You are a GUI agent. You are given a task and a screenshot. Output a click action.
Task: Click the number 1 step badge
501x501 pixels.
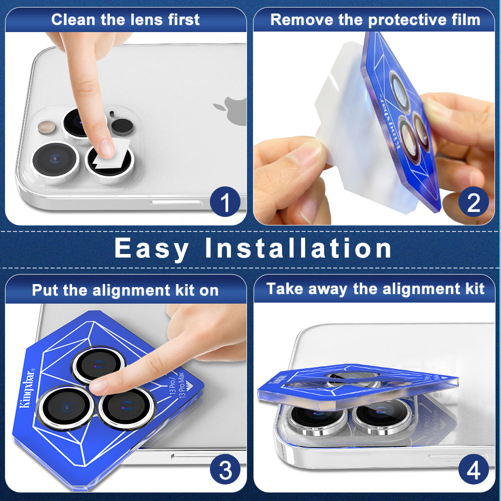(225, 201)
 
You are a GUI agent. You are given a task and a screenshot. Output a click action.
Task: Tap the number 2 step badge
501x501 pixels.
(473, 201)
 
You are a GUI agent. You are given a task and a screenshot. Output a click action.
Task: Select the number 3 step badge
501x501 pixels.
(225, 469)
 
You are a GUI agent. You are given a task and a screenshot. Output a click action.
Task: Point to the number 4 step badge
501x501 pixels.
(473, 469)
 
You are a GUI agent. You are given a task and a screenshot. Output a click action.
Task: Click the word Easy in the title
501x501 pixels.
(151, 249)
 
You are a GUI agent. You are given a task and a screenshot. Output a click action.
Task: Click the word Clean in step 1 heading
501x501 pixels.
(74, 20)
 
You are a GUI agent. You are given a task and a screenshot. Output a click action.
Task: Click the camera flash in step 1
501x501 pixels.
(47, 127)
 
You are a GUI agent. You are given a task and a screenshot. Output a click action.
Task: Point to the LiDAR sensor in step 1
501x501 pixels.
(122, 127)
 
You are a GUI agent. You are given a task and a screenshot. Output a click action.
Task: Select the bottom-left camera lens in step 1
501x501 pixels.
(55, 159)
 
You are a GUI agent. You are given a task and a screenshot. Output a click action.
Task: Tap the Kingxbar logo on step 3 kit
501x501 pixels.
(27, 389)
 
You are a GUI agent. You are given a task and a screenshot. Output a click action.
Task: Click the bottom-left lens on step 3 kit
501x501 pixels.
(67, 408)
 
